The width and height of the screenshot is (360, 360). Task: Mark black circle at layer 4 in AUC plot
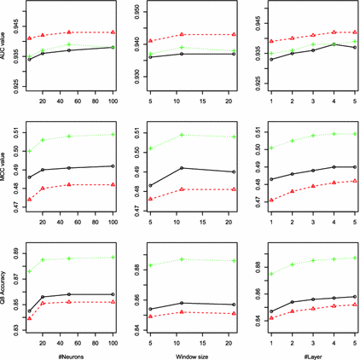click(x=334, y=44)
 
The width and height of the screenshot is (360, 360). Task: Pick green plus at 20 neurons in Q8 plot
click(x=43, y=259)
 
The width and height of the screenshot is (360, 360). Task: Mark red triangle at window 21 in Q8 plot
click(x=234, y=313)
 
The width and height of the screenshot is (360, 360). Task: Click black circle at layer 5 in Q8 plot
click(x=354, y=296)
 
